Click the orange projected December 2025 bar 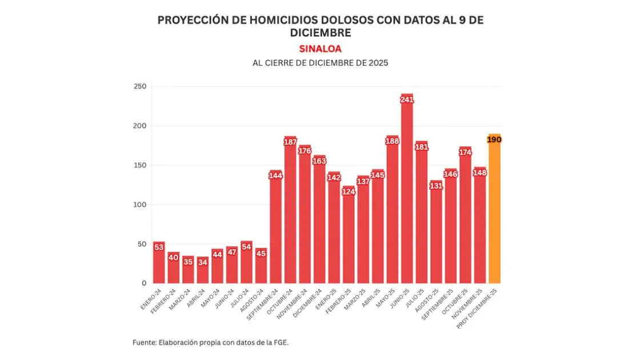click(x=494, y=211)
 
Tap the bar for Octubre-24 click(x=290, y=211)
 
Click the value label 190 click(x=494, y=139)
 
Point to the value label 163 click(x=319, y=161)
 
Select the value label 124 click(x=348, y=191)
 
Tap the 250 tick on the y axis click(x=140, y=86)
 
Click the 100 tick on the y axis click(x=140, y=205)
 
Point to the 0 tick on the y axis click(x=144, y=283)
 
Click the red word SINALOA click(x=320, y=49)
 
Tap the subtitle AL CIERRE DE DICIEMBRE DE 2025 click(x=320, y=63)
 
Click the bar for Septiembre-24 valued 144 click(x=276, y=229)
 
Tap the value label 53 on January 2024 click(x=159, y=247)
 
